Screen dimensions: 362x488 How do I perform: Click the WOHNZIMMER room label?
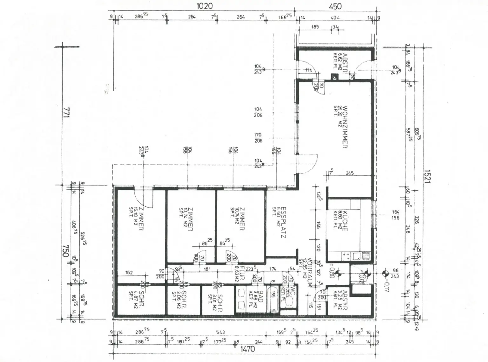point(345,127)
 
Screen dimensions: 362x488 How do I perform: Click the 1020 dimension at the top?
point(204,6)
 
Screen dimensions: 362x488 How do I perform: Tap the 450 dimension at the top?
point(335,6)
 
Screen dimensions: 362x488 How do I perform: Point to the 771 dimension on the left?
point(66,113)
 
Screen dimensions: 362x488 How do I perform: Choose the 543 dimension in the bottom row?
point(220,333)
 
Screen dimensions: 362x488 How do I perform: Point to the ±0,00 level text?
point(332,271)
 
